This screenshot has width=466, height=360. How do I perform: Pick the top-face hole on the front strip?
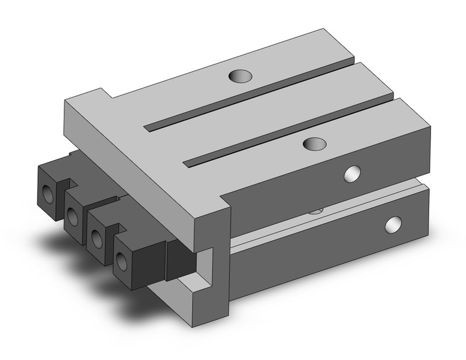point(315,144)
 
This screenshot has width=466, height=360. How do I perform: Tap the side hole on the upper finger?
point(352,175)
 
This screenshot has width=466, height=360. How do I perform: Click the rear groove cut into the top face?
point(245,98)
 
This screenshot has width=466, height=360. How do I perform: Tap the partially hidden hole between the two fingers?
point(315,210)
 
